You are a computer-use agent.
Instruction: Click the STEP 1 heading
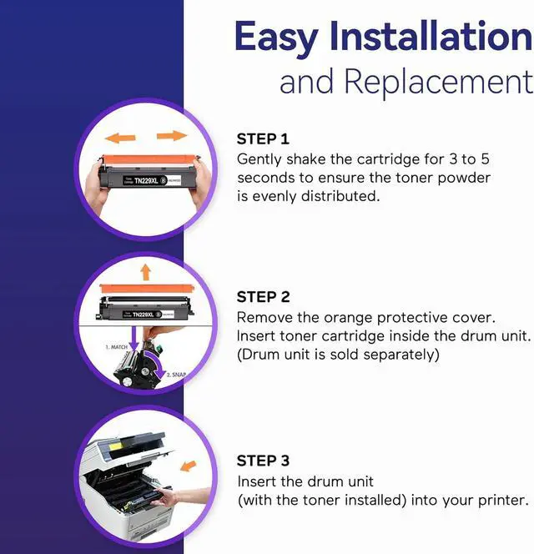coord(263,138)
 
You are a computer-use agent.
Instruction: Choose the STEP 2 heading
coord(263,296)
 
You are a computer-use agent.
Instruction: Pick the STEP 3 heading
coord(263,461)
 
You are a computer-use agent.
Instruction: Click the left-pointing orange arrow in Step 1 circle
coord(120,137)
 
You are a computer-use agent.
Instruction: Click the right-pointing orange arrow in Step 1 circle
coord(171,136)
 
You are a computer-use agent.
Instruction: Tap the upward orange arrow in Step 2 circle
coord(145,271)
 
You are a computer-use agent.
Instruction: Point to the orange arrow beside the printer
coord(189,465)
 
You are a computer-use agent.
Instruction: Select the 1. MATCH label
coord(117,345)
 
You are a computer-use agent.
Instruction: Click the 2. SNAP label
coord(175,375)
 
